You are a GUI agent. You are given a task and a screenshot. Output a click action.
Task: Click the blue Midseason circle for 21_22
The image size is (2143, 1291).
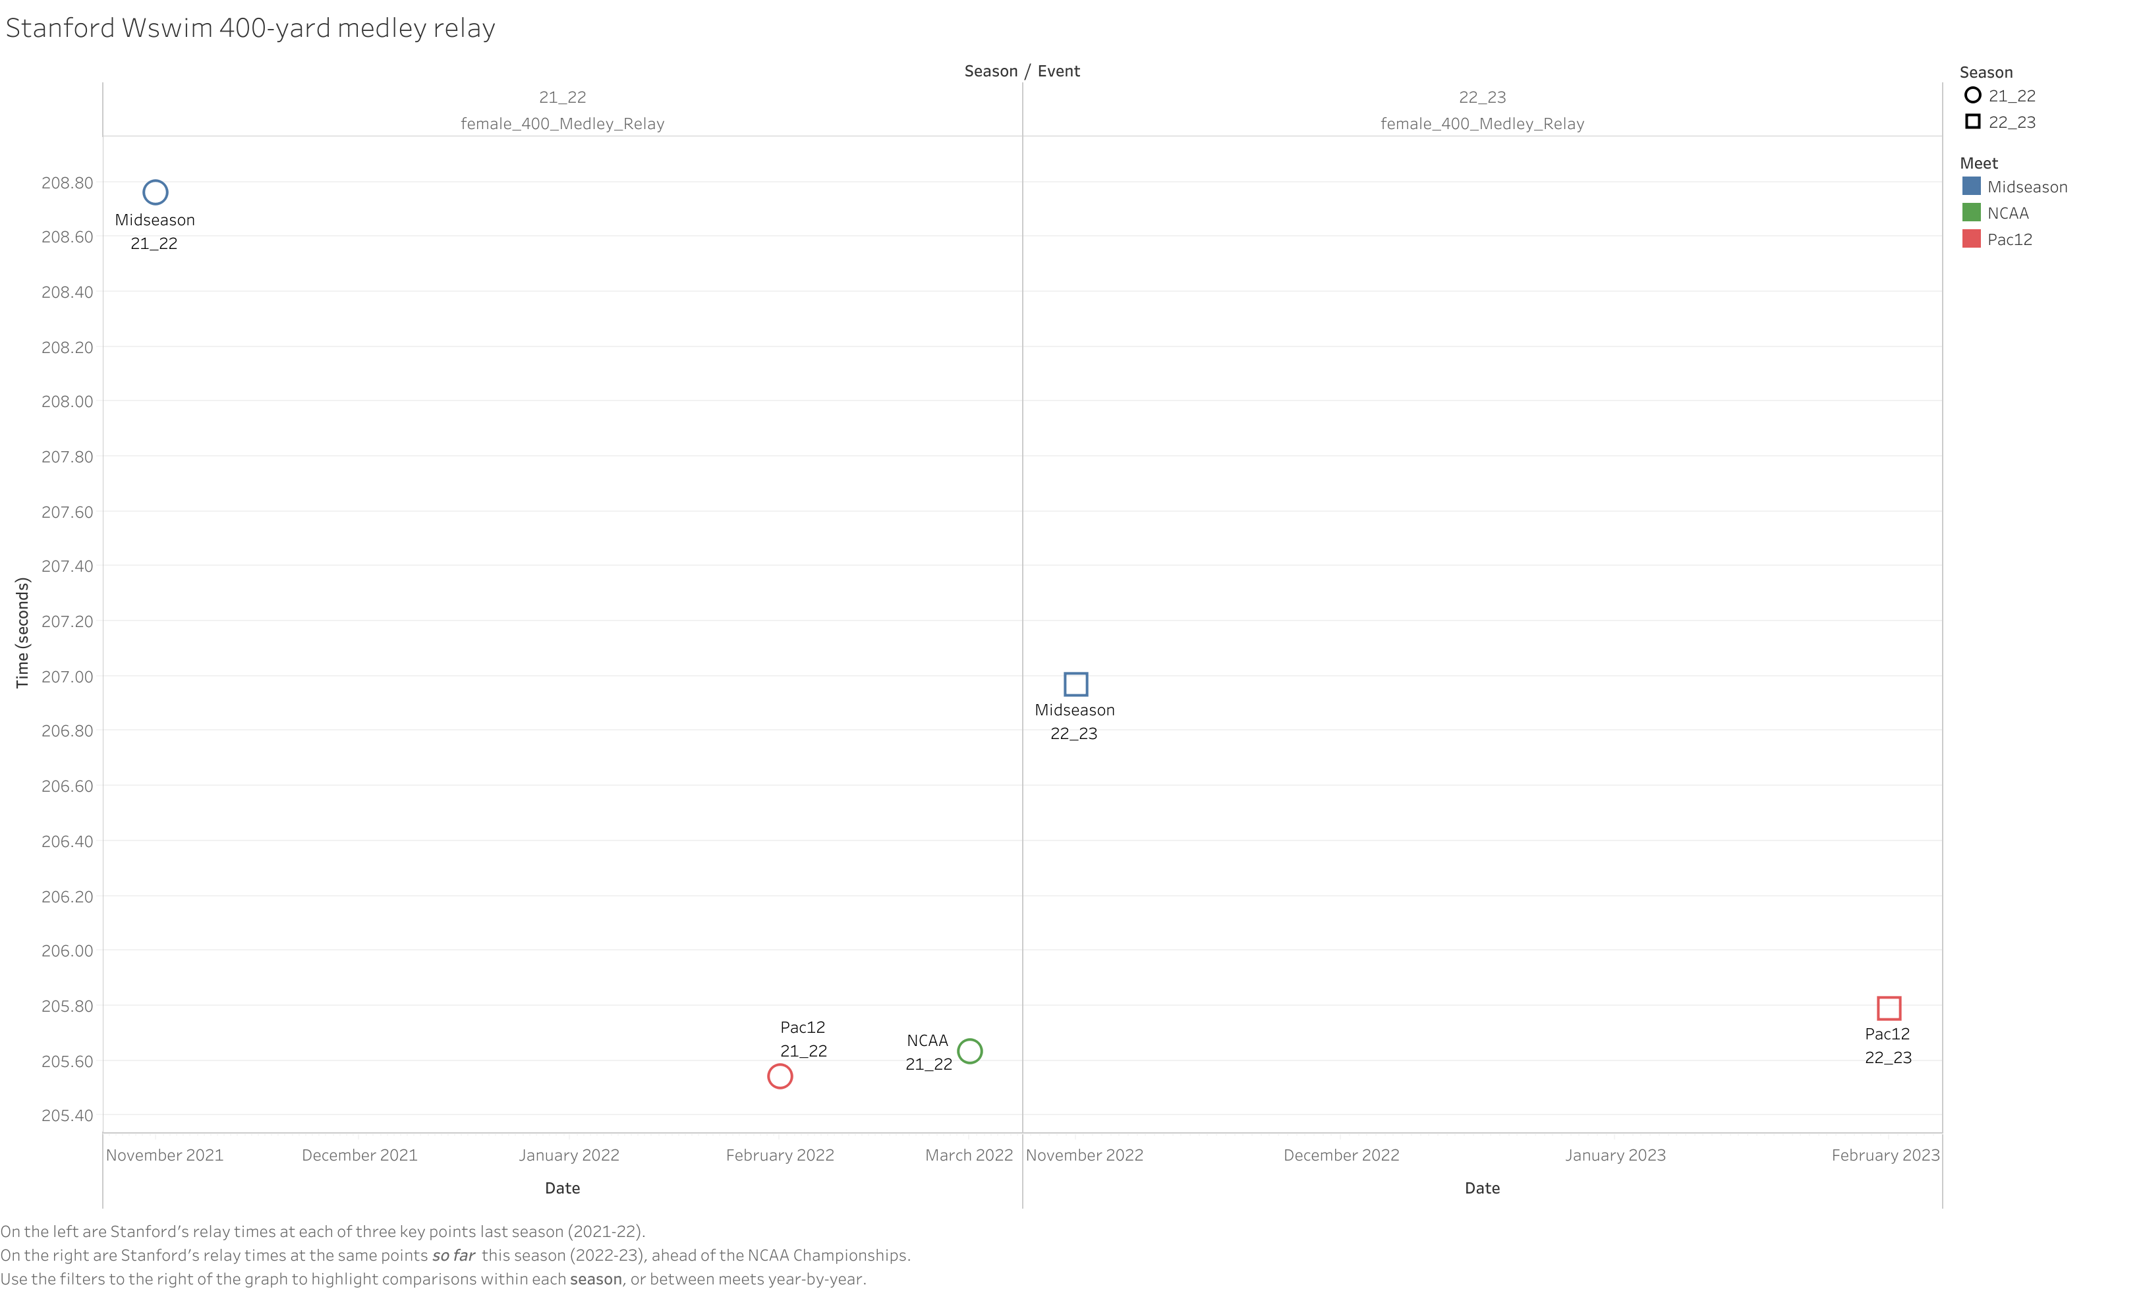(155, 192)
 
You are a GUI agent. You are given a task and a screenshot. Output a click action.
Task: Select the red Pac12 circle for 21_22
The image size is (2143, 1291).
(780, 1076)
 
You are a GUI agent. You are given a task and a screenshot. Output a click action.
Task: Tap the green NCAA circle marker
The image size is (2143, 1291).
(970, 1051)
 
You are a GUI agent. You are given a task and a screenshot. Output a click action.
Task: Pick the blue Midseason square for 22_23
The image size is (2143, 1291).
(1076, 684)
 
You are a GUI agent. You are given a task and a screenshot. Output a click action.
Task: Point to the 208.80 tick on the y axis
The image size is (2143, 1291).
(67, 182)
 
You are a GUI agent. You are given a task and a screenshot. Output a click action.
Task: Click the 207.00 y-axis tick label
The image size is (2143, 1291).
(67, 676)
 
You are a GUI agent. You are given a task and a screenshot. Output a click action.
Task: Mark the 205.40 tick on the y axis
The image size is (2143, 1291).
(67, 1115)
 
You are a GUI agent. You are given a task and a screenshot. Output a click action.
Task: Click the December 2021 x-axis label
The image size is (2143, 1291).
(359, 1155)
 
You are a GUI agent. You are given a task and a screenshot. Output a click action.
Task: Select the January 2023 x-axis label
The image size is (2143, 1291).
(1615, 1155)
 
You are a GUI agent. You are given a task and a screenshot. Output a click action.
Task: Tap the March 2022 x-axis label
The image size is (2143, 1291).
(969, 1155)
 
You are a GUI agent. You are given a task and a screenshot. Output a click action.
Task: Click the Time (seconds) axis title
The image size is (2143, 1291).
(22, 633)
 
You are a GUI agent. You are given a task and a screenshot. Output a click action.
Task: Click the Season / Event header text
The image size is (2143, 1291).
(1022, 71)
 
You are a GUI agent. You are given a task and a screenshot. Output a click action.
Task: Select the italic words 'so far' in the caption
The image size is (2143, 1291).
(453, 1255)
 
